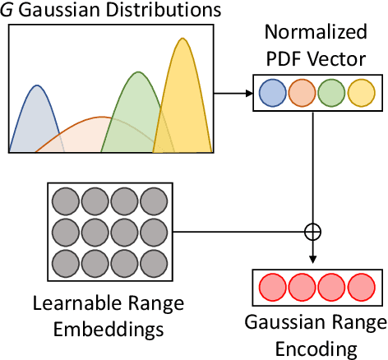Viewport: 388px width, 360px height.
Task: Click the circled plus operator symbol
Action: pyautogui.click(x=313, y=232)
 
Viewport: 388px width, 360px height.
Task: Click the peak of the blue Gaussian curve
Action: pyautogui.click(x=36, y=85)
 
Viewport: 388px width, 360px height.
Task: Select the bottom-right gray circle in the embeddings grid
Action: pyautogui.click(x=152, y=262)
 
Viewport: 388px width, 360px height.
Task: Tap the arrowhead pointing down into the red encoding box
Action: pyautogui.click(x=313, y=263)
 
